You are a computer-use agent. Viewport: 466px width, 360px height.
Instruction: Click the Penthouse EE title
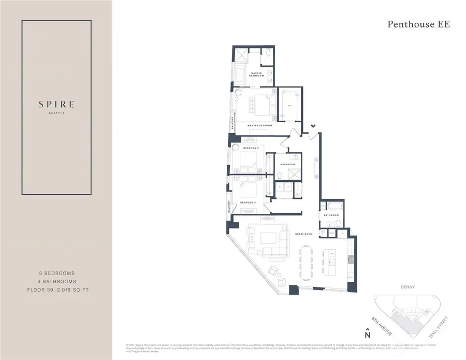[x=419, y=24]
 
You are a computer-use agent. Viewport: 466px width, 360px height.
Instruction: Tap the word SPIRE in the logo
[x=56, y=104]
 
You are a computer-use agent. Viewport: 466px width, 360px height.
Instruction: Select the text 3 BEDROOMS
[x=56, y=273]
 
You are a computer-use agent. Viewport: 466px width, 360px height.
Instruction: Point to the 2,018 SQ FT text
[x=75, y=290]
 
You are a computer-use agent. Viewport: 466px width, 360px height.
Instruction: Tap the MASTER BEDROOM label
[x=259, y=125]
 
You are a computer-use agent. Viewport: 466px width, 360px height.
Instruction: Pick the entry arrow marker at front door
[x=313, y=126]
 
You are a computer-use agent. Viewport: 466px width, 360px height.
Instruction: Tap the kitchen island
[x=330, y=262]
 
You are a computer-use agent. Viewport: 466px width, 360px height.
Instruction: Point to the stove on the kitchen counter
[x=350, y=257]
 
